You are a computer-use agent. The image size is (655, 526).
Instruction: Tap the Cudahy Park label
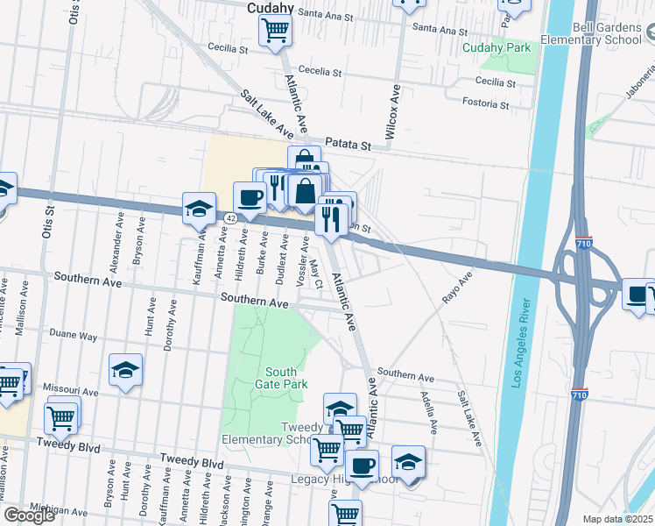(x=497, y=47)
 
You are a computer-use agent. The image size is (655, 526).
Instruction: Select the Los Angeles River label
(x=522, y=343)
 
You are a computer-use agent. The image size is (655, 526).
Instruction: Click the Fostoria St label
(x=486, y=104)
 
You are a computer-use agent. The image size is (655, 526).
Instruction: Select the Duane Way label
(x=74, y=335)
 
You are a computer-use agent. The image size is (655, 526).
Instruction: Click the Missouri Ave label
(x=74, y=390)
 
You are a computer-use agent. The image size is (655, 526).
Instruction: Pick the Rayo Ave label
(x=457, y=287)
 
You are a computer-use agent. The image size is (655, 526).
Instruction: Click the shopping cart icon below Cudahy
(x=275, y=32)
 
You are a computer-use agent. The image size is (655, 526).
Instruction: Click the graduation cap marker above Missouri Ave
(x=126, y=370)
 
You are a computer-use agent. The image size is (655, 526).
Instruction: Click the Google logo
(x=29, y=515)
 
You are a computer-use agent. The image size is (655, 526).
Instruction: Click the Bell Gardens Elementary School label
(x=591, y=34)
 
